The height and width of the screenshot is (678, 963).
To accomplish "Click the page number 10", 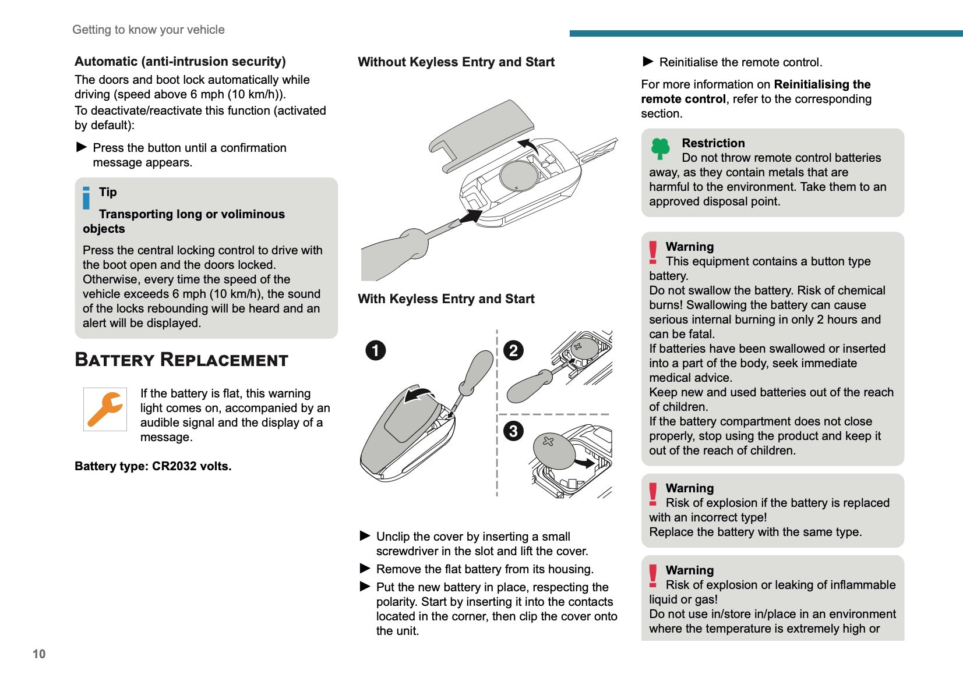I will pyautogui.click(x=39, y=654).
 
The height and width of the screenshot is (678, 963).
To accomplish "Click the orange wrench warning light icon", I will pyautogui.click(x=105, y=409).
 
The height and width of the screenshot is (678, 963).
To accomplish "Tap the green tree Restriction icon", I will pyautogui.click(x=660, y=148).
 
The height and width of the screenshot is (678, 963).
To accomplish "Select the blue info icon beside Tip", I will pyautogui.click(x=86, y=198).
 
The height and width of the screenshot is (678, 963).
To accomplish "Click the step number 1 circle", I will pyautogui.click(x=376, y=350).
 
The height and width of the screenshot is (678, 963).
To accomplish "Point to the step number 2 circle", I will pyautogui.click(x=513, y=350).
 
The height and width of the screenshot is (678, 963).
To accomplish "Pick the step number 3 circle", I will pyautogui.click(x=513, y=431).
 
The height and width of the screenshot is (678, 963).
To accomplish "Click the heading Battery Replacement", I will pyautogui.click(x=181, y=360).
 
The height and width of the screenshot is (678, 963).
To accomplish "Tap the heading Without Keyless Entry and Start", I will pyautogui.click(x=456, y=62).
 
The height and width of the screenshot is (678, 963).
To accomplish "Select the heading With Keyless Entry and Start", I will pyautogui.click(x=446, y=299).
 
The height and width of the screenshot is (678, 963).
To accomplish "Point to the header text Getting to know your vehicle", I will pyautogui.click(x=149, y=30).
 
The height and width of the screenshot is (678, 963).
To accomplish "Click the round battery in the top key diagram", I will pyautogui.click(x=520, y=176).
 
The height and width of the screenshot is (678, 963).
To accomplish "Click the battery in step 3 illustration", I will pyautogui.click(x=554, y=451).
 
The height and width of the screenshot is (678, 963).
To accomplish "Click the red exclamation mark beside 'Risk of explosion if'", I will pyautogui.click(x=653, y=494).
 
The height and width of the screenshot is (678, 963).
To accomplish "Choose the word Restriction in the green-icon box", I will pyautogui.click(x=713, y=143).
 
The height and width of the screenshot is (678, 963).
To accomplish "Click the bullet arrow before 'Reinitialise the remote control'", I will pyautogui.click(x=648, y=62).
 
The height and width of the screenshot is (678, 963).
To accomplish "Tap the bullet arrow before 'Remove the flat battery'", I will pyautogui.click(x=365, y=569).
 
